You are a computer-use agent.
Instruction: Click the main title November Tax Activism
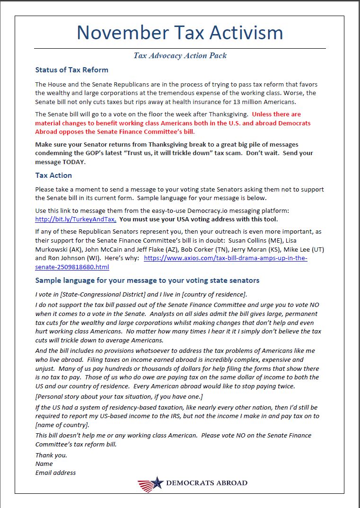(x=180, y=33)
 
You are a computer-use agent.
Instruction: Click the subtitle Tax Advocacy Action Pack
(x=180, y=55)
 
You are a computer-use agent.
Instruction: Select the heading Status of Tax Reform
(x=71, y=70)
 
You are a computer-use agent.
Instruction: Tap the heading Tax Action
(x=53, y=175)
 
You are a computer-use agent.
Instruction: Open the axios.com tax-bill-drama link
(x=225, y=258)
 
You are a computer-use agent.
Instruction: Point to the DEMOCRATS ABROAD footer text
(x=206, y=483)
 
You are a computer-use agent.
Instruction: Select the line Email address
(x=55, y=473)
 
